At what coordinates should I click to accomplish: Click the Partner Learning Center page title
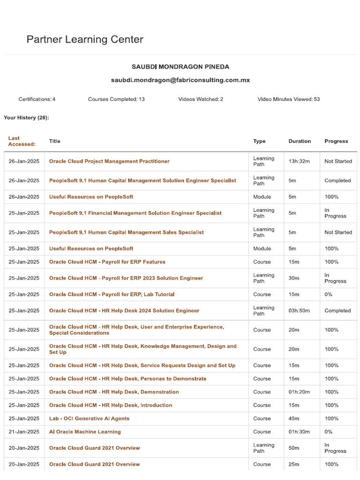coord(85,39)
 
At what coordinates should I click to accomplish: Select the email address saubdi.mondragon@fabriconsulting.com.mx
coord(180,80)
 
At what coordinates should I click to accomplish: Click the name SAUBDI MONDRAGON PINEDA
coord(180,67)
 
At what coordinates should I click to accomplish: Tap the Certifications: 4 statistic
coord(37,99)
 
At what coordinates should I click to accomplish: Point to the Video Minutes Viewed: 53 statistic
coord(289,99)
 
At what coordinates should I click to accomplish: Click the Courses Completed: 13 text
coord(116,99)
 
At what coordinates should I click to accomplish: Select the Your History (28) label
coord(26,118)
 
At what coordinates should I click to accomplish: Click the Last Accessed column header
coord(22,141)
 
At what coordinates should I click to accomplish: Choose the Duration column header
coord(300,141)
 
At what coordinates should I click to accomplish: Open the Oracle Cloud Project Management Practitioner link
coord(109,161)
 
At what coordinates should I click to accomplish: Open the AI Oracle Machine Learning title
coord(85,432)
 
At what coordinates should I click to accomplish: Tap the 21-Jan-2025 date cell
coord(24,432)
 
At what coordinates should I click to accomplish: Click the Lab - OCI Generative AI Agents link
coord(89,419)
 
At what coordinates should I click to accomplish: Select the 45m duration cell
coord(294,419)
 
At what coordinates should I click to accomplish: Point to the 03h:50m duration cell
coord(299,311)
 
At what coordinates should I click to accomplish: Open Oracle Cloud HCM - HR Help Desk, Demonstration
coord(114,392)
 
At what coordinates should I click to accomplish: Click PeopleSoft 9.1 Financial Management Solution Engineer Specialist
coord(135,213)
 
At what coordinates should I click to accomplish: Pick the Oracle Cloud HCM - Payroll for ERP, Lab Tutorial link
coord(112,294)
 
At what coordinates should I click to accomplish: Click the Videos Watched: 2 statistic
coord(201,99)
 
